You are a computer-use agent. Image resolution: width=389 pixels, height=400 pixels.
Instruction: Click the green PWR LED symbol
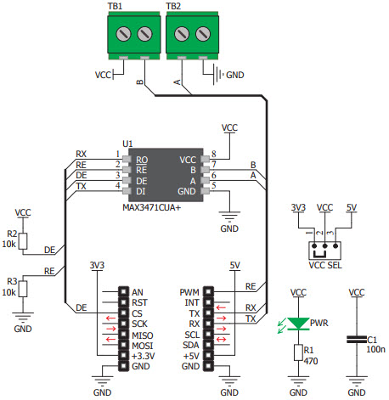(298, 323)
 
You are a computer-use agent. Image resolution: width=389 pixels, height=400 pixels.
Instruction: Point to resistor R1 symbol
(298, 352)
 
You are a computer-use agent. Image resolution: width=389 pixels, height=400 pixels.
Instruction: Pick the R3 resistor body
(24, 288)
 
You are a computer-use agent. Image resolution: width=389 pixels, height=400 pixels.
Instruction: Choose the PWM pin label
(191, 292)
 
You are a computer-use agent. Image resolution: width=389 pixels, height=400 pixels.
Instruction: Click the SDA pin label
(190, 345)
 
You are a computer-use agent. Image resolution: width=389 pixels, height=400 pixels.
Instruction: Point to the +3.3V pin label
(146, 356)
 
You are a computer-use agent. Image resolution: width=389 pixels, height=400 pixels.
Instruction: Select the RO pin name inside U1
(141, 159)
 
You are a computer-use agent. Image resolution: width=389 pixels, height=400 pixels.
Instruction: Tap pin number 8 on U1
(215, 154)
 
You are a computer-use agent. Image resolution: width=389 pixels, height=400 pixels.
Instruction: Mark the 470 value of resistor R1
(311, 359)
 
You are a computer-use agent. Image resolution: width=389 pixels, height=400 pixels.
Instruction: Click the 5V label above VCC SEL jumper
(352, 207)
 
